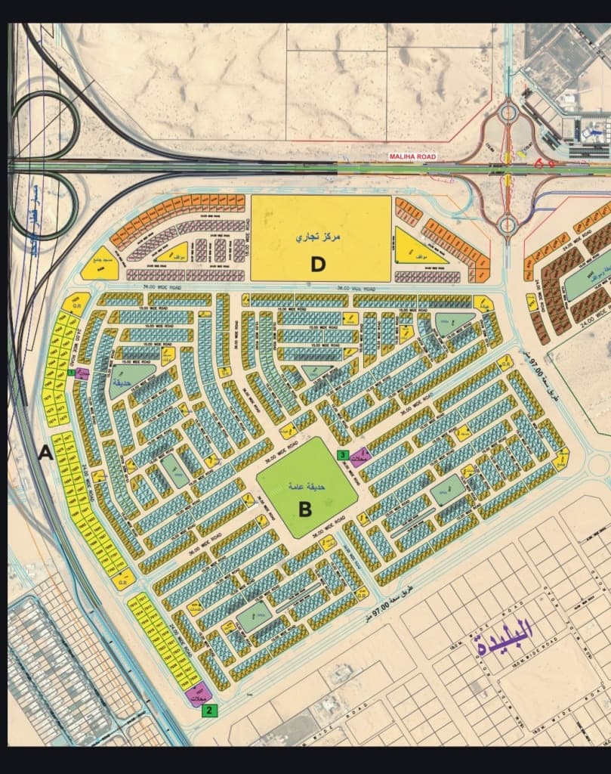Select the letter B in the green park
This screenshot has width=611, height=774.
(305, 509)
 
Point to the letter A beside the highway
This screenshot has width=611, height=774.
(45, 453)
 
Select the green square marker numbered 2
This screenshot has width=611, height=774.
(214, 710)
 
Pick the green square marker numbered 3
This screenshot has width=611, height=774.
(342, 455)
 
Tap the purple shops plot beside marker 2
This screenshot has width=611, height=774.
(199, 697)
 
